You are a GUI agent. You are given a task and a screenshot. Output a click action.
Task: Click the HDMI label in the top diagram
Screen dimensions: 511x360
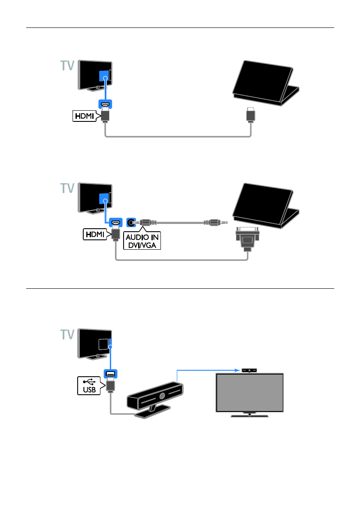tap(85, 116)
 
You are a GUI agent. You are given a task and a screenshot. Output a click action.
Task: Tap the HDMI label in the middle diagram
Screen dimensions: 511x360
tap(95, 233)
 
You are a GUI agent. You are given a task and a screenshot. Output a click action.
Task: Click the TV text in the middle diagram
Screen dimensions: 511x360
tap(67, 188)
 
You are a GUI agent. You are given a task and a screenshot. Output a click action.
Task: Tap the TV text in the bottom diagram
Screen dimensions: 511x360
tap(67, 335)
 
